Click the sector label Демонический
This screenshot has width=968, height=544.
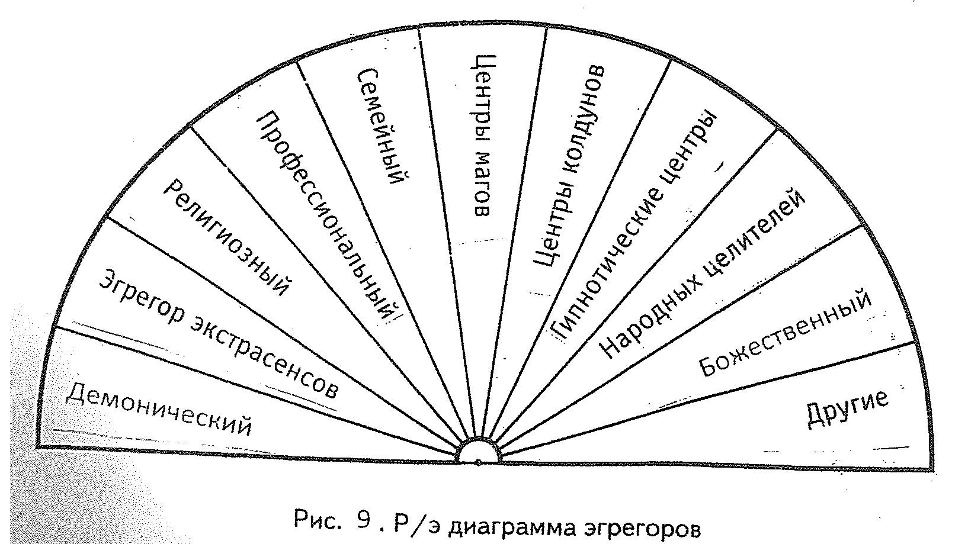pos(158,409)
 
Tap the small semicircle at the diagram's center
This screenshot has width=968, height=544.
pos(479,453)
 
